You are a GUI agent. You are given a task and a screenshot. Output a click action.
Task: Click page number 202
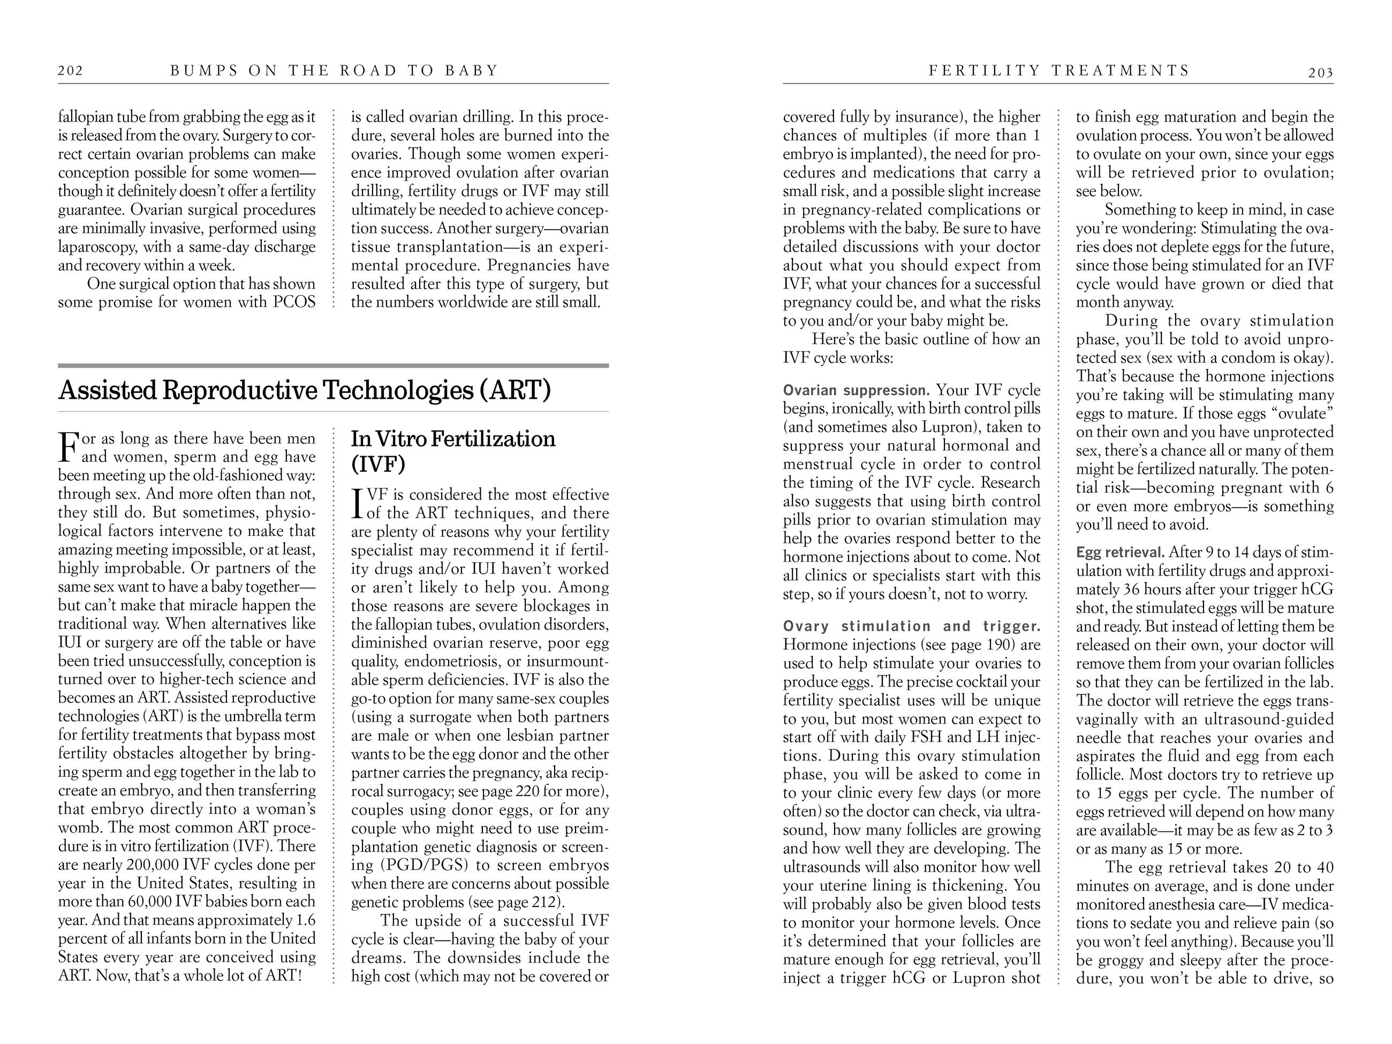(x=71, y=71)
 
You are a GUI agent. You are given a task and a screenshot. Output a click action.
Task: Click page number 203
(x=1320, y=73)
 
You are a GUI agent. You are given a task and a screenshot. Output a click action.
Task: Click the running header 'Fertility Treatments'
(x=1059, y=71)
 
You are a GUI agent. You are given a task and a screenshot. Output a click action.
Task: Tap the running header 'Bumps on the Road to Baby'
(x=334, y=71)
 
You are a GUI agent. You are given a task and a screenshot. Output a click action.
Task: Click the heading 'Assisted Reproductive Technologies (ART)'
(x=305, y=390)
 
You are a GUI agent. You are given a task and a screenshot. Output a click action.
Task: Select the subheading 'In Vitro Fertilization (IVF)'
(x=452, y=451)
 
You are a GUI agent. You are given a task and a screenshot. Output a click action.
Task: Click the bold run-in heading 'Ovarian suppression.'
(x=856, y=390)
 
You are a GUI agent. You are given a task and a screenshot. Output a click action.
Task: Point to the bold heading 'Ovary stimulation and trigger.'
(x=911, y=626)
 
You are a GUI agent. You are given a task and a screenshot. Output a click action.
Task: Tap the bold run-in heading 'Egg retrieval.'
(x=1120, y=553)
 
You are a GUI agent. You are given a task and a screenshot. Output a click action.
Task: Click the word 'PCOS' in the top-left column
(x=294, y=302)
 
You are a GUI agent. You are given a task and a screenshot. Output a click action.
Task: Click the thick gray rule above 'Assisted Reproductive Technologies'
(x=333, y=365)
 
